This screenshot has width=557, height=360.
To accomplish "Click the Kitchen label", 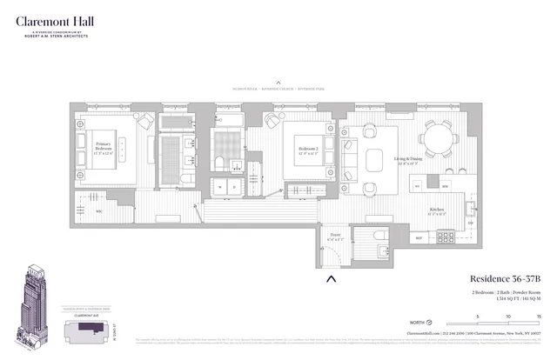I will click(x=438, y=210).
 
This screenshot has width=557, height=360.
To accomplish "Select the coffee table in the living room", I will click(x=375, y=160).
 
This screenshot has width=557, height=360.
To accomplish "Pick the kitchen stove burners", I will click(x=445, y=236).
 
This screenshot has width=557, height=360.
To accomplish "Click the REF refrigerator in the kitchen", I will click(x=417, y=237).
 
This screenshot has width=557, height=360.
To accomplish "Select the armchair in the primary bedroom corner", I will click(x=144, y=121).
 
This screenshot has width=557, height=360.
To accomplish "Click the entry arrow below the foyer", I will click(x=331, y=279).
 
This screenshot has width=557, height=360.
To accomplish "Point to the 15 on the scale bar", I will click(x=539, y=316).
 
